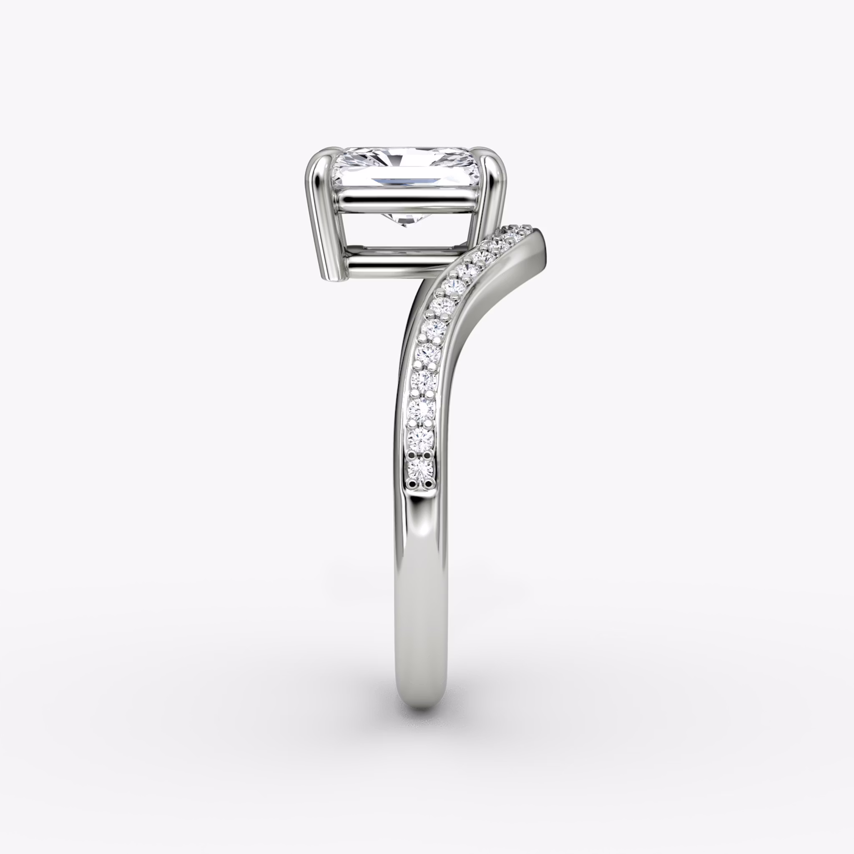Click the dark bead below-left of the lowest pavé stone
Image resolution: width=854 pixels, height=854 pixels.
point(413,484)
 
